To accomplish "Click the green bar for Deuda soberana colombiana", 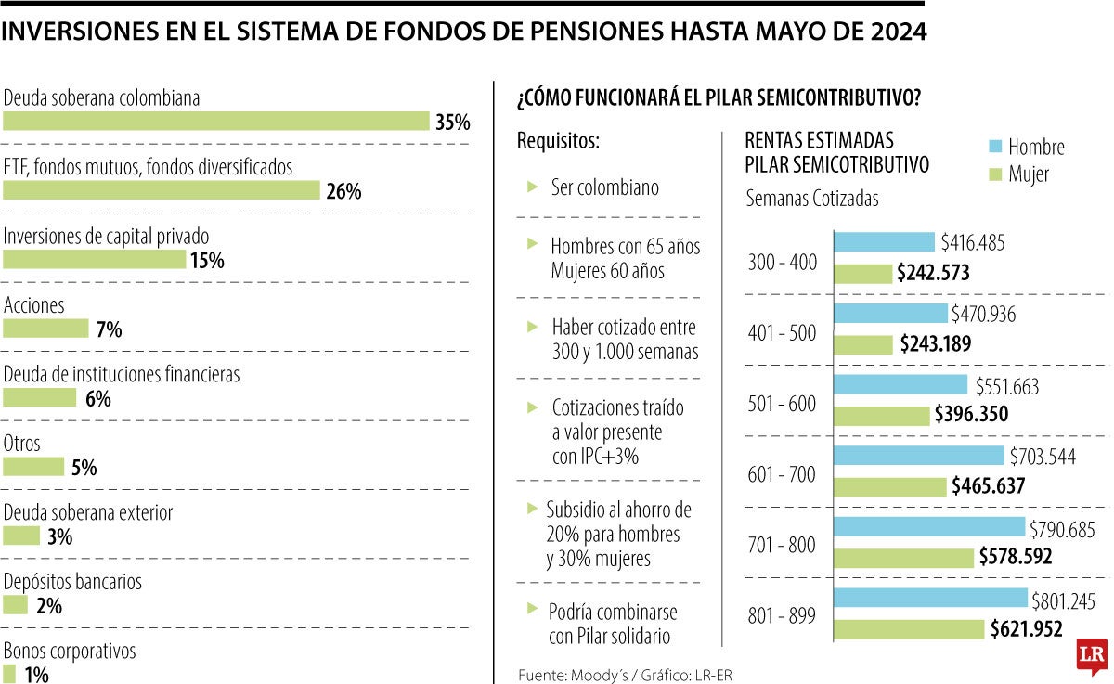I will pyautogui.click(x=216, y=122).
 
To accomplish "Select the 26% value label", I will pyautogui.click(x=343, y=191).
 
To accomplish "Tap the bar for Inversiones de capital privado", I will pyautogui.click(x=95, y=260).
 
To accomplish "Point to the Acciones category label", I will pyautogui.click(x=34, y=305).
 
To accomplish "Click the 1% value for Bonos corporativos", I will pyautogui.click(x=36, y=675).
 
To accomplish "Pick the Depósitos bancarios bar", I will pyautogui.click(x=16, y=605).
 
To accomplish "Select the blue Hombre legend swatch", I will pyautogui.click(x=994, y=146).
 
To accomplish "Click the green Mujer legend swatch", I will pyautogui.click(x=994, y=174).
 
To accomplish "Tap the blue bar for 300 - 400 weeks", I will pyautogui.click(x=886, y=242).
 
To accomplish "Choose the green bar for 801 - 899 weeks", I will pyautogui.click(x=910, y=628).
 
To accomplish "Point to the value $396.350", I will pyautogui.click(x=970, y=414).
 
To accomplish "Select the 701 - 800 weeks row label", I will pyautogui.click(x=782, y=546).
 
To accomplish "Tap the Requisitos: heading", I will pyautogui.click(x=558, y=142).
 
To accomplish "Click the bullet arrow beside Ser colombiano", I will pyautogui.click(x=532, y=187).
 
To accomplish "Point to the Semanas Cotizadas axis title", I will pyautogui.click(x=812, y=199).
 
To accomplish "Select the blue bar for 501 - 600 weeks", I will pyautogui.click(x=901, y=385).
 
